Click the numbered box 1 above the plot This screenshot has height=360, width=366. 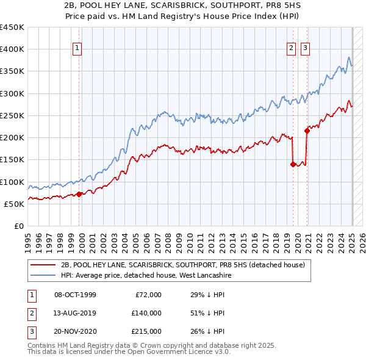tap(79, 49)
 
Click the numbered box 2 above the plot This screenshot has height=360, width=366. tap(292, 49)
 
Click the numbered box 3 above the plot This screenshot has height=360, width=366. tap(305, 49)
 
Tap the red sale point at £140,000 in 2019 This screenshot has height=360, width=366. tap(293, 164)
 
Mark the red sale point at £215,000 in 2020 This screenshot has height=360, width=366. tap(307, 131)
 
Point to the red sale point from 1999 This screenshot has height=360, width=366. tap(79, 194)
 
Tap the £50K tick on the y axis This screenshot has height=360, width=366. tap(15, 204)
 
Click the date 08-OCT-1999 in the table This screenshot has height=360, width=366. tap(75, 295)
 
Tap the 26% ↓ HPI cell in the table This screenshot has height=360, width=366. tap(208, 331)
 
